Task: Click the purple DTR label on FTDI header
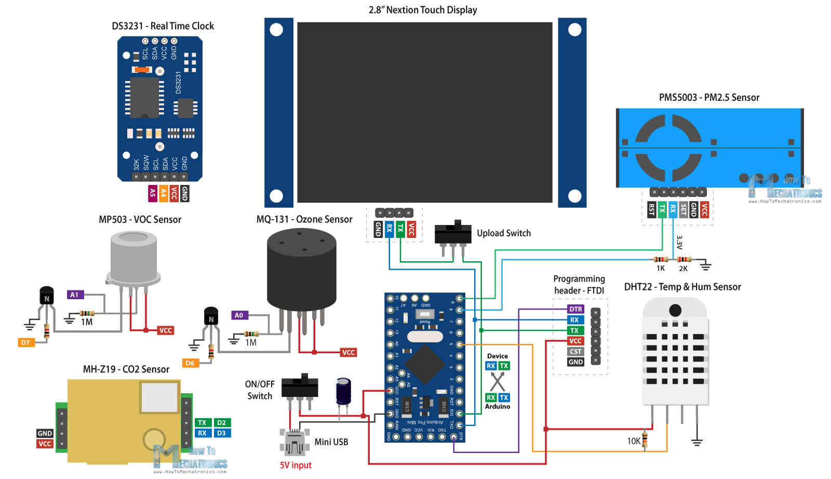(x=575, y=309)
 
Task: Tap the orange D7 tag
(x=25, y=342)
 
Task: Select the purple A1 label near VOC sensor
(x=75, y=295)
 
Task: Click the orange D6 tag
(x=190, y=363)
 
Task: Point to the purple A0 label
(x=239, y=315)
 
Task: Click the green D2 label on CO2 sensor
(x=221, y=422)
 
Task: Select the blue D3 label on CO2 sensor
(x=221, y=433)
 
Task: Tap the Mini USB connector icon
(x=294, y=443)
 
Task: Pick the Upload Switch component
(x=453, y=233)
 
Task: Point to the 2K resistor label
(x=683, y=269)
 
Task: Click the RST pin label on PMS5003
(x=651, y=209)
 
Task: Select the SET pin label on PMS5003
(x=683, y=209)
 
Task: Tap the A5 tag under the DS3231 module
(x=152, y=193)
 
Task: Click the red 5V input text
(x=296, y=465)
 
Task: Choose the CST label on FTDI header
(x=575, y=351)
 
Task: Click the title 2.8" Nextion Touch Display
(x=423, y=10)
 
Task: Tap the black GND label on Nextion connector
(x=378, y=229)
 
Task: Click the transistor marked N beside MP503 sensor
(x=47, y=296)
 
